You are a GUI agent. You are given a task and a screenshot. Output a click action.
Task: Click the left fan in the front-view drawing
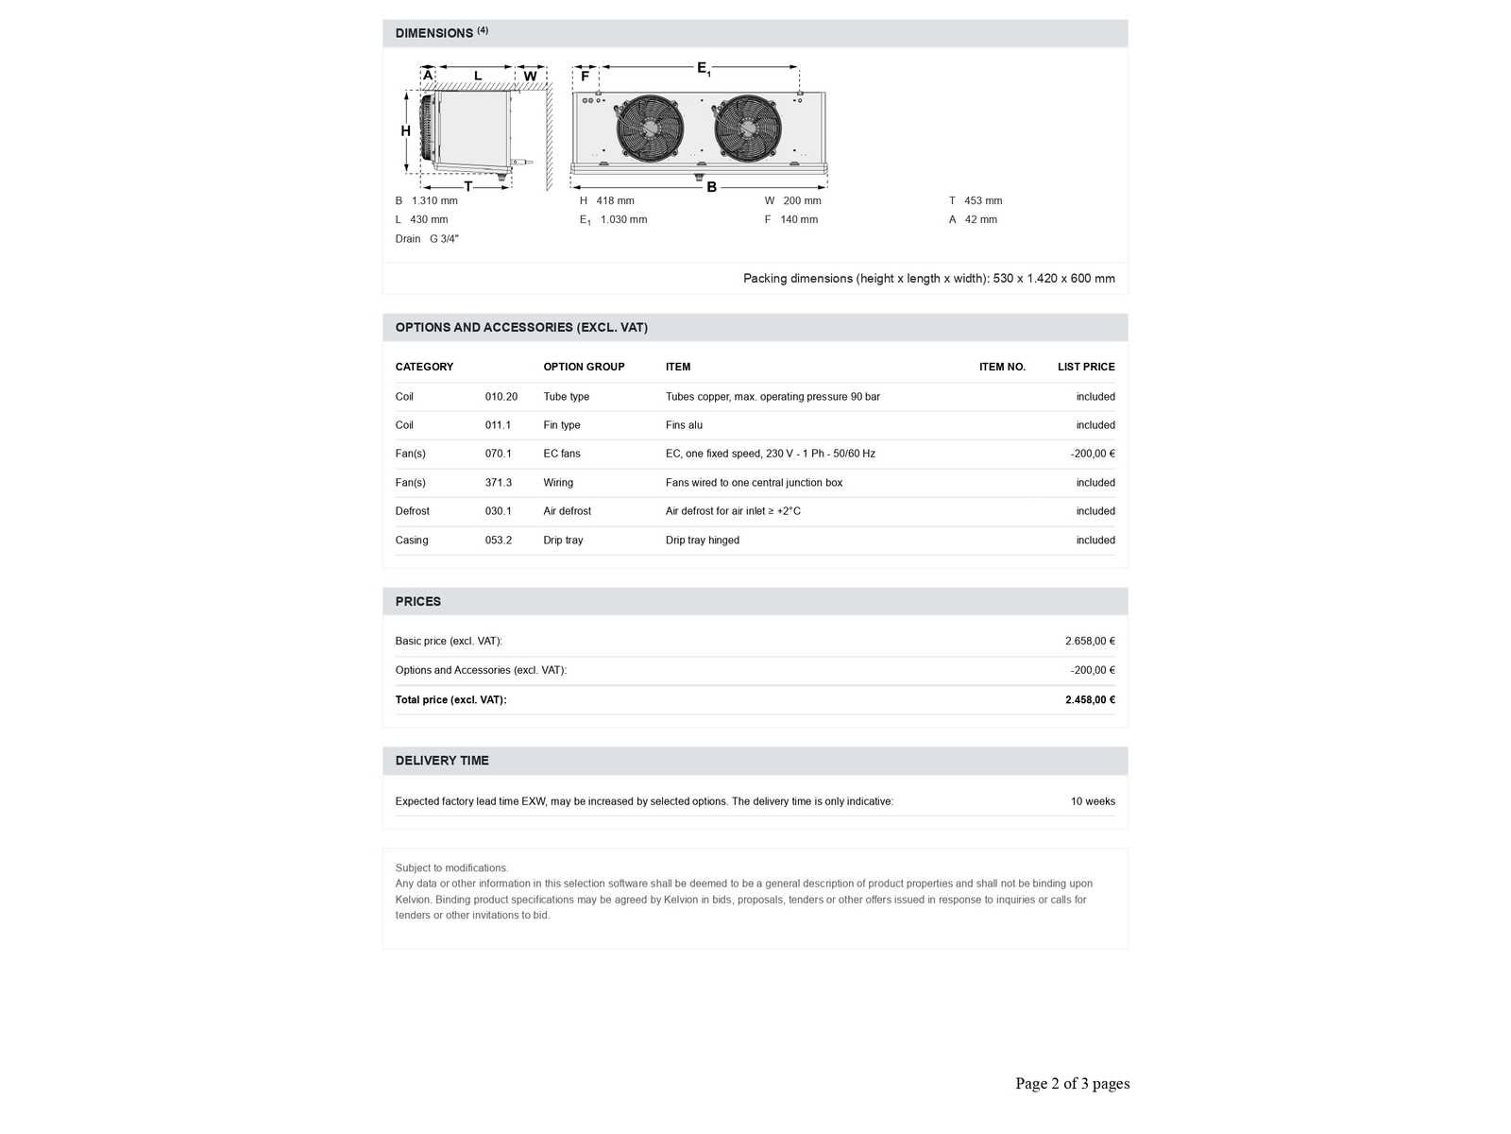coord(650,127)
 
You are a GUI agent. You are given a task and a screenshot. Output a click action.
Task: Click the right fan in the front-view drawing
coord(748,127)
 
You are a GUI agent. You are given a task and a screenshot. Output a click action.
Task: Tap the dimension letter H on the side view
coord(405,131)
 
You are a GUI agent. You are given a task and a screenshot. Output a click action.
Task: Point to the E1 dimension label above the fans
coord(704,68)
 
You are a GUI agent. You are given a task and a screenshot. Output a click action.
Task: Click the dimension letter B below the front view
coord(712,187)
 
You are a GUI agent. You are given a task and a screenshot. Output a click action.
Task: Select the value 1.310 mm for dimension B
coord(434,201)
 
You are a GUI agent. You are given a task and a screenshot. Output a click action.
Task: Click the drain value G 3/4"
coord(444,239)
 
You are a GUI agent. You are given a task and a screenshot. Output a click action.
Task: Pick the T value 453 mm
coord(983,201)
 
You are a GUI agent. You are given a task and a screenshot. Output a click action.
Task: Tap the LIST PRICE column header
coord(1086,367)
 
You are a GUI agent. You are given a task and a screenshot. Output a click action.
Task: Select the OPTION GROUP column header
coord(584,367)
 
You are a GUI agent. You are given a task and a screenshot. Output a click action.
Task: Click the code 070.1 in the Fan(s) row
coord(499,454)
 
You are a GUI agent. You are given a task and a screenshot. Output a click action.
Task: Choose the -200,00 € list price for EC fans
coord(1093,454)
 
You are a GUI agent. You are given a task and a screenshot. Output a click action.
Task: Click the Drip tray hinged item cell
coord(703,541)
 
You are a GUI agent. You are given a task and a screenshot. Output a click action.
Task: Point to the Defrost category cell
coord(412,511)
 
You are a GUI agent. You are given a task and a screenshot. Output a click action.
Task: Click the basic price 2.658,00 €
coord(1090,641)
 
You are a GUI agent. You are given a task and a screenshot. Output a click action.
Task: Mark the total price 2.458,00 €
coord(1090,700)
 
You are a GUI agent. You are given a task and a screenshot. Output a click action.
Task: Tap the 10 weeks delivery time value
coord(1093,801)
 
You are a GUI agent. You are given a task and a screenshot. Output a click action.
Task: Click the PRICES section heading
coord(418,602)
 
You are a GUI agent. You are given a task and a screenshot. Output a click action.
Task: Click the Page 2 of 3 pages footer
coord(1072,1084)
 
